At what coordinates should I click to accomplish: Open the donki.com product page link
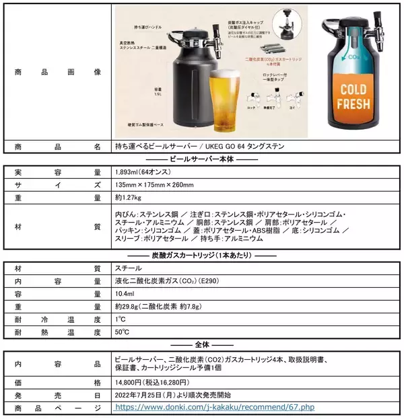pyautogui.click(x=215, y=408)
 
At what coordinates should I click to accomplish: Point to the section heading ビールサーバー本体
pyautogui.click(x=201, y=159)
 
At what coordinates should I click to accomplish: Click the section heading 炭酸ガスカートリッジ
pyautogui.click(x=201, y=255)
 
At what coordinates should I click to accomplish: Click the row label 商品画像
pyautogui.click(x=57, y=72)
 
